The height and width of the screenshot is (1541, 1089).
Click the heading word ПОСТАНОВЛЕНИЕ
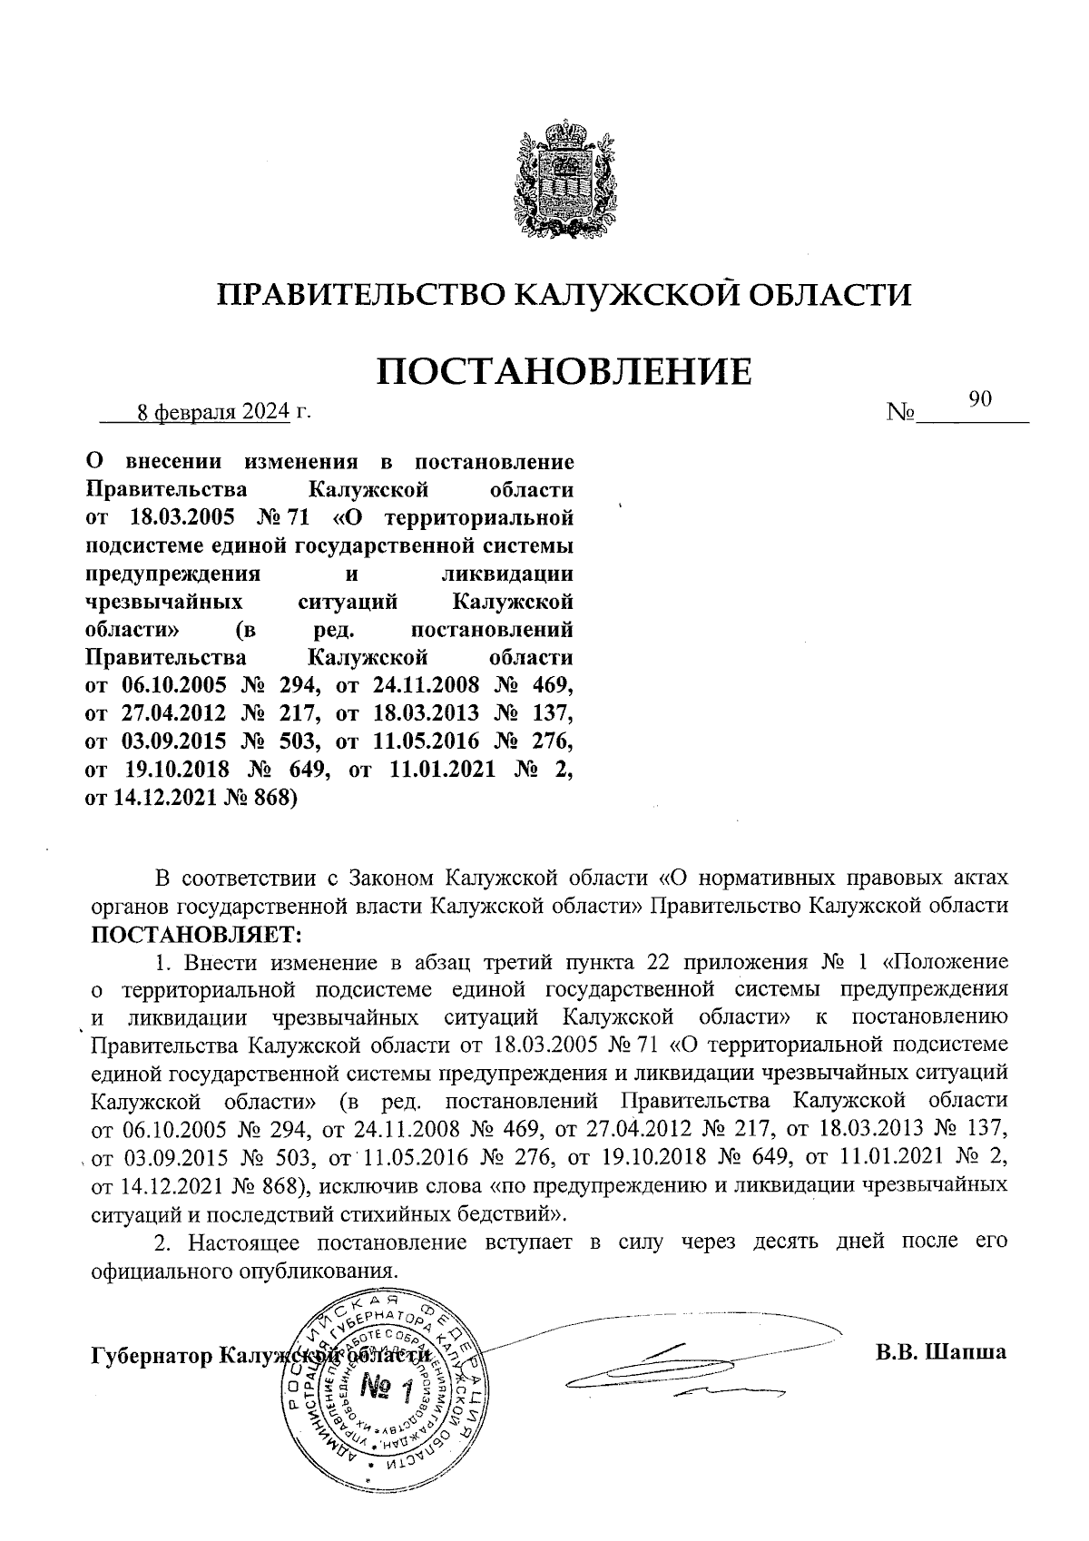click(563, 372)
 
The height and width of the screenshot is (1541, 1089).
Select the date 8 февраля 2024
click(212, 413)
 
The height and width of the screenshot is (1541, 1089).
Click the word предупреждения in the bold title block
click(172, 574)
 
